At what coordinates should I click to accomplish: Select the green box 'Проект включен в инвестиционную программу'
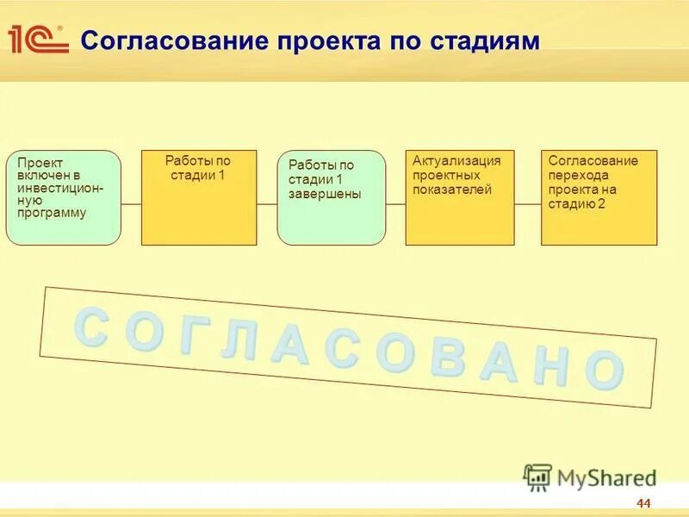[x=63, y=197]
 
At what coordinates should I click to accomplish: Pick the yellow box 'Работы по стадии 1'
[x=199, y=197]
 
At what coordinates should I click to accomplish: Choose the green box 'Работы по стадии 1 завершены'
[x=332, y=198]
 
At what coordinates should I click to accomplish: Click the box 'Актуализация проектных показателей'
[x=460, y=197]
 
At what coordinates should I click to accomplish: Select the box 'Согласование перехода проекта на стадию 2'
[x=599, y=197]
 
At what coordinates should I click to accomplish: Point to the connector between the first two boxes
[x=131, y=204]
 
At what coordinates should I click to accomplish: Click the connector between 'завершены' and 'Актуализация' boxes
[x=395, y=204]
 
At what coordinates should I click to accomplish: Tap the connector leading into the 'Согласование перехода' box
[x=527, y=204]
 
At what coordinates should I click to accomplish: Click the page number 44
[x=643, y=504]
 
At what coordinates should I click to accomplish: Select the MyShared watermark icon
[x=537, y=477]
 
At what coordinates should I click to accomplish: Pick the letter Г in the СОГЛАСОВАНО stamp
[x=190, y=339]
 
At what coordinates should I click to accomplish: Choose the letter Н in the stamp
[x=550, y=367]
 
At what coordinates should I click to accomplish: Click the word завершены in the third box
[x=325, y=194]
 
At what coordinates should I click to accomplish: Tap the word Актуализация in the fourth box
[x=456, y=160]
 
